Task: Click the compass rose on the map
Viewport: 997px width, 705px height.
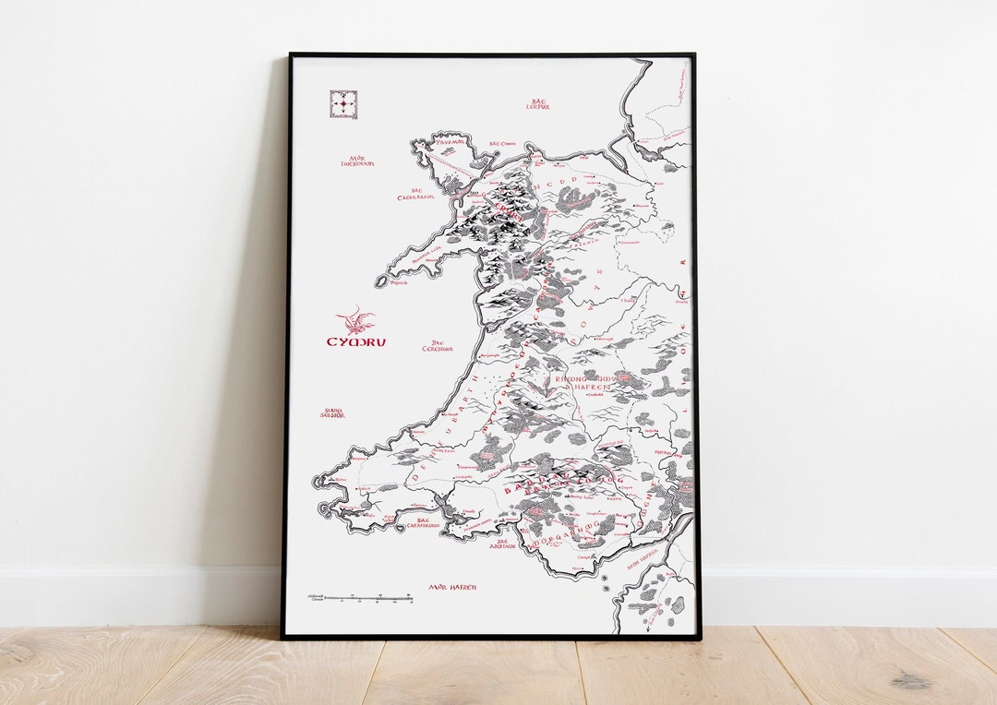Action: [x=343, y=104]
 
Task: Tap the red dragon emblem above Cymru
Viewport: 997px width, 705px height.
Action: [x=356, y=320]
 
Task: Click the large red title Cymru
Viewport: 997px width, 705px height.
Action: [x=356, y=341]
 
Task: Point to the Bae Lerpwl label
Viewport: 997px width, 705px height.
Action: [x=538, y=104]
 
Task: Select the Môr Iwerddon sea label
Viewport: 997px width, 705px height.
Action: [x=356, y=161]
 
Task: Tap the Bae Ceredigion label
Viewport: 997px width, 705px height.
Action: [x=438, y=345]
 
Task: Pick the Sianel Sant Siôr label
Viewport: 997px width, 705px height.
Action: [x=331, y=412]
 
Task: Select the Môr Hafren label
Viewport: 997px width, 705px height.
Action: [x=451, y=586]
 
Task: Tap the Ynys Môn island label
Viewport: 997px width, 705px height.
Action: [x=450, y=142]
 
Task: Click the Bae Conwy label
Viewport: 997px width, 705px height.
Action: [x=502, y=144]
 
